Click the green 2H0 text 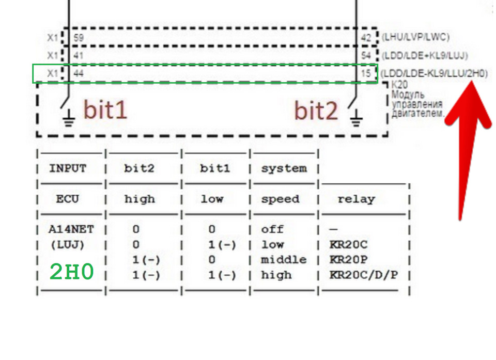tap(72, 272)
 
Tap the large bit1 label tap(105, 109)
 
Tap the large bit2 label tap(316, 111)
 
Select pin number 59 tap(79, 38)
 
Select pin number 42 tap(366, 38)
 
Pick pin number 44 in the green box tap(79, 73)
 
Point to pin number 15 tap(366, 73)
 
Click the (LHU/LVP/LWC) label tap(415, 37)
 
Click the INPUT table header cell tap(68, 168)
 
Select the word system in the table tap(284, 168)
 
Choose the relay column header tap(356, 199)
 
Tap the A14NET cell tap(71, 229)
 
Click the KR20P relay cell tap(348, 260)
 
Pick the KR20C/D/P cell tap(363, 275)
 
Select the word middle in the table tap(284, 260)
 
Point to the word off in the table tap(272, 229)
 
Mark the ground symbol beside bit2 tap(356, 118)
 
